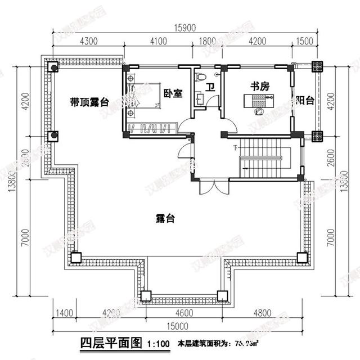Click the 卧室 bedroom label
coord(173,94)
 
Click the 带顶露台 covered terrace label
coord(89,102)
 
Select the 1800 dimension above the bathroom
coord(208,41)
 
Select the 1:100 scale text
coord(157,343)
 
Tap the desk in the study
coord(258,101)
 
